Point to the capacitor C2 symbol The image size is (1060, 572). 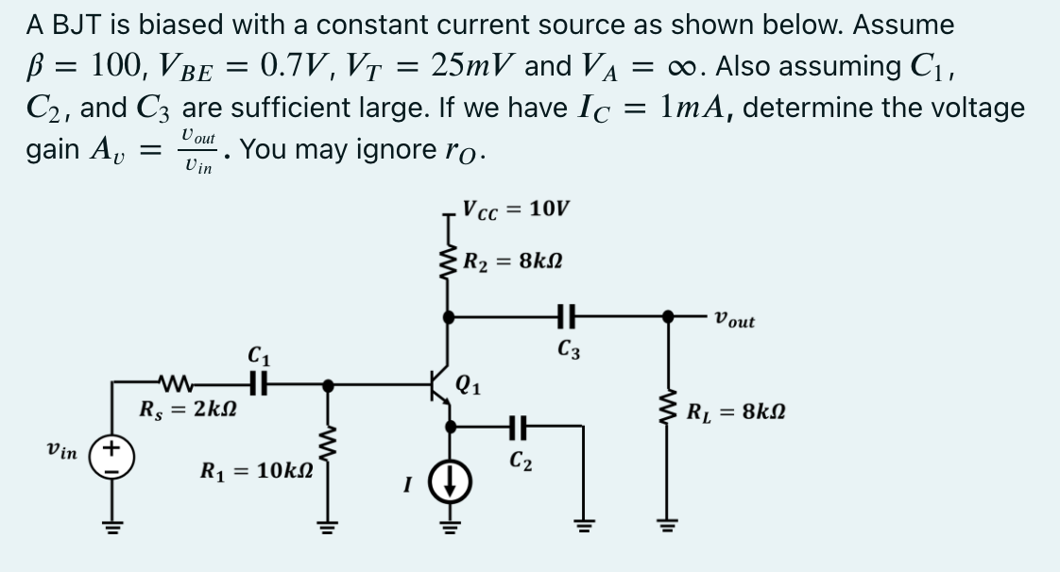(x=517, y=428)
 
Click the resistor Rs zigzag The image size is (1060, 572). (x=180, y=384)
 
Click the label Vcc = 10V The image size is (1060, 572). (x=516, y=208)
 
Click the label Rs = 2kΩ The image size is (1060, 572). (x=186, y=412)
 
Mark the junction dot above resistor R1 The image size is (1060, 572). (x=328, y=384)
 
